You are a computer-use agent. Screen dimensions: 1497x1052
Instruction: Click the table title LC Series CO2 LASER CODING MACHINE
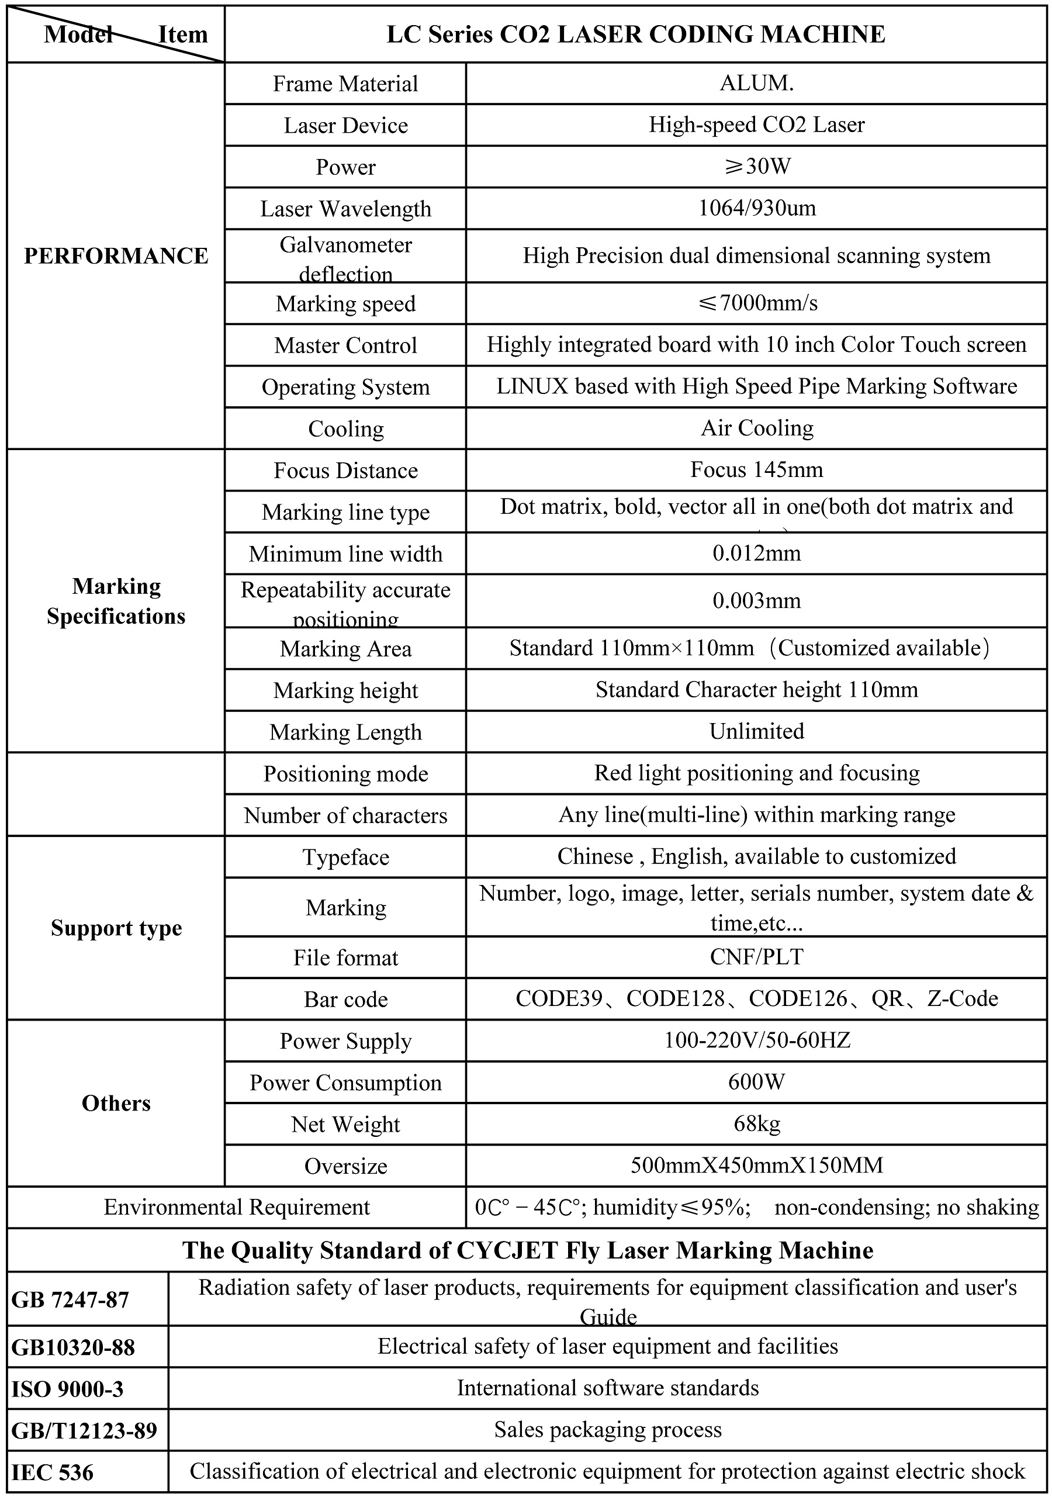pyautogui.click(x=635, y=34)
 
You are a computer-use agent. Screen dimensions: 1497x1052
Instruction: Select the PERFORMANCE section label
pyautogui.click(x=116, y=255)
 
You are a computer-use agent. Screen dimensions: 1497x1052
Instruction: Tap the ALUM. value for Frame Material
pyautogui.click(x=756, y=84)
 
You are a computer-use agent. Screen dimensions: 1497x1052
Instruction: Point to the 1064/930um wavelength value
pyautogui.click(x=756, y=208)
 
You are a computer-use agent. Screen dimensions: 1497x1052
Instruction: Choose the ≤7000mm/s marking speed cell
pyautogui.click(x=756, y=303)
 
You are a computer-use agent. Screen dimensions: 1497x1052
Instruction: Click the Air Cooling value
pyautogui.click(x=756, y=428)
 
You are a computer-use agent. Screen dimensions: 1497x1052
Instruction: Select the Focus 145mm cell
pyautogui.click(x=756, y=469)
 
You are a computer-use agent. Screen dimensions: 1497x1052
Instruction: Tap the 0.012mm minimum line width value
pyautogui.click(x=756, y=553)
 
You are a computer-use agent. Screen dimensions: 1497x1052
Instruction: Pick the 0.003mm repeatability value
pyautogui.click(x=756, y=600)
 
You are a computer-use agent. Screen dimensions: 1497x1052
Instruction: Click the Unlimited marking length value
pyautogui.click(x=756, y=731)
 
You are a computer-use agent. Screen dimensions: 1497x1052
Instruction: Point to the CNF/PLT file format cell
pyautogui.click(x=756, y=956)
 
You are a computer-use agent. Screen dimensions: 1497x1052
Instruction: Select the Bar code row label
pyautogui.click(x=345, y=999)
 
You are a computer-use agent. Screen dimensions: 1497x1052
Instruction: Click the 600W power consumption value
pyautogui.click(x=756, y=1083)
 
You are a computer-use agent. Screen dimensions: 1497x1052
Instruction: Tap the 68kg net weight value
pyautogui.click(x=756, y=1123)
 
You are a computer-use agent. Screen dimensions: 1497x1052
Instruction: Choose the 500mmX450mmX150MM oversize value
pyautogui.click(x=756, y=1165)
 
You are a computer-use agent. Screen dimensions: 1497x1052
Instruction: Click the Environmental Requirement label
pyautogui.click(x=237, y=1207)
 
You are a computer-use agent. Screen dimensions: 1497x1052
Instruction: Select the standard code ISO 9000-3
pyautogui.click(x=67, y=1389)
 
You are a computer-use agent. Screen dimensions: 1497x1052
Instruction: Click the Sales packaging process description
pyautogui.click(x=607, y=1430)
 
